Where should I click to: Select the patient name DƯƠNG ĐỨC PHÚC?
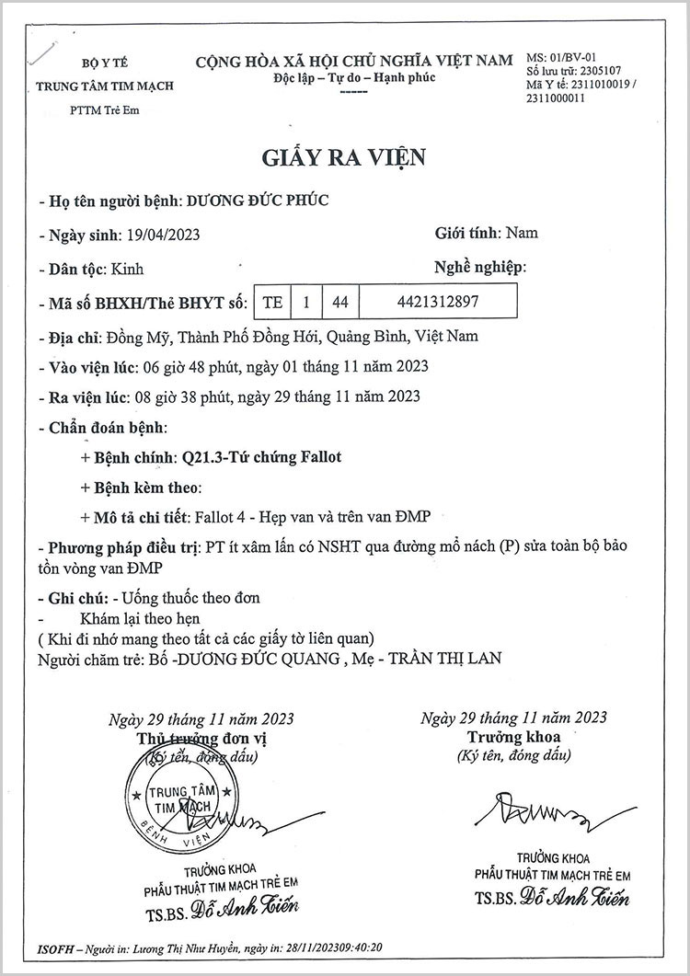(258, 199)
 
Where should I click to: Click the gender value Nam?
(523, 233)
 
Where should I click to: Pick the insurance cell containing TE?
(271, 301)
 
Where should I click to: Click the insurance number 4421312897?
(438, 301)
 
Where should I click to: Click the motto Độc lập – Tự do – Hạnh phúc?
(354, 76)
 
